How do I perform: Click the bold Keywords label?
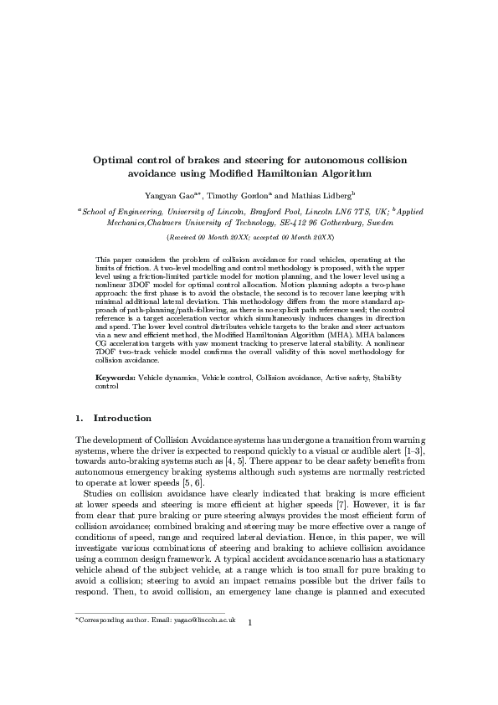pos(116,378)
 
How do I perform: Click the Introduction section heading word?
pos(122,418)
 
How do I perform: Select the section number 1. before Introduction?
pos(80,418)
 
